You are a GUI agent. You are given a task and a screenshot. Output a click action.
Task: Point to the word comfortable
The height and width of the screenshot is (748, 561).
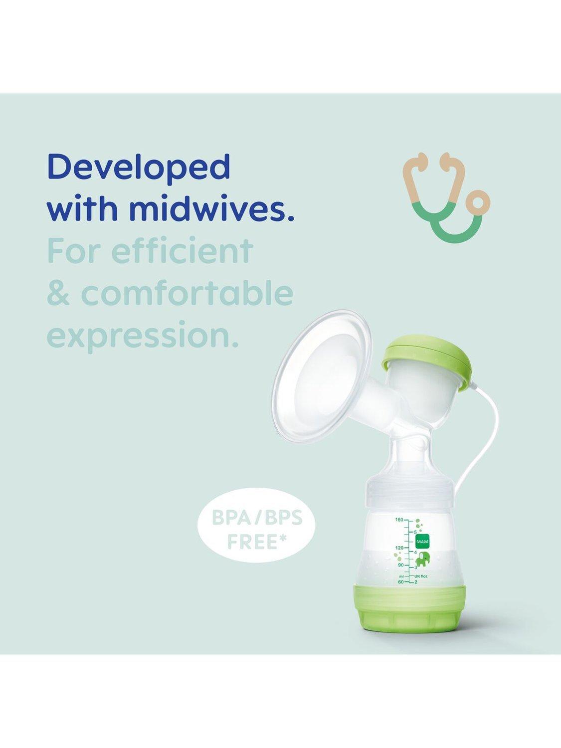(187, 293)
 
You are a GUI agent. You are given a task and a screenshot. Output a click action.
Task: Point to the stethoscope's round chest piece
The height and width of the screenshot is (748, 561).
(479, 199)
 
